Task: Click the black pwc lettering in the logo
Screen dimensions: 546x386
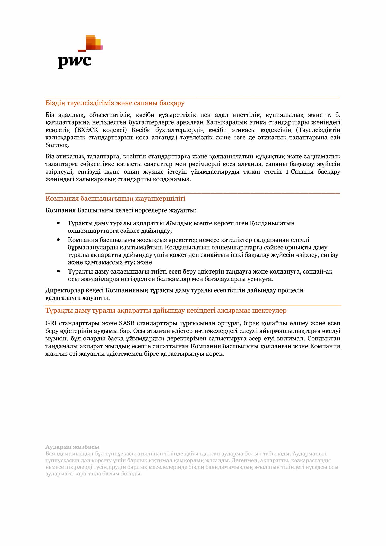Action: (74, 61)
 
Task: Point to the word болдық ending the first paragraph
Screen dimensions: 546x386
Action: (57, 145)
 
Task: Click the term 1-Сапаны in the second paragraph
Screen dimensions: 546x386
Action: (300, 172)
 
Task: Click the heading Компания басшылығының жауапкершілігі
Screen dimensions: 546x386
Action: (115, 198)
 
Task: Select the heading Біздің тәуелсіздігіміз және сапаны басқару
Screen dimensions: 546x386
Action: (115, 103)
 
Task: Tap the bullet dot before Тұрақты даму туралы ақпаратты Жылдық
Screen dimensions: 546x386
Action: (59, 223)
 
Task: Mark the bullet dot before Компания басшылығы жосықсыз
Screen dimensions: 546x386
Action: (59, 240)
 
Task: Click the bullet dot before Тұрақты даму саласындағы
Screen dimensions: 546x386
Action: (59, 271)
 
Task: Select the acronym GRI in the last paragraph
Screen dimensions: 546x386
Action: (51, 323)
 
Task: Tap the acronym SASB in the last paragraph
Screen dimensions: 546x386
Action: (127, 323)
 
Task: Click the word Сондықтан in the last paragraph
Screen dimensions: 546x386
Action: (324, 338)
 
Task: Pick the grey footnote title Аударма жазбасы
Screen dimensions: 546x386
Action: (72, 447)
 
